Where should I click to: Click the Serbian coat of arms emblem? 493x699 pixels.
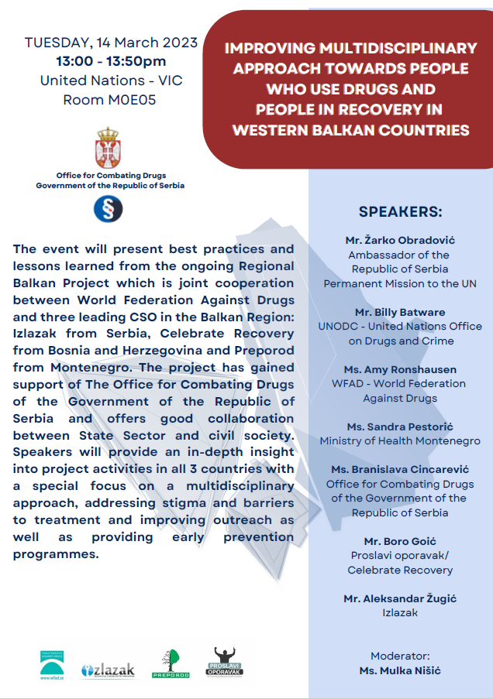(x=108, y=148)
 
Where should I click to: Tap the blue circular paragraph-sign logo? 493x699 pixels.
(x=108, y=209)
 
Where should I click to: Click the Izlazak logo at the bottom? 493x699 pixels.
(x=108, y=670)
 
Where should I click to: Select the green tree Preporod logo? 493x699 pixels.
(x=171, y=664)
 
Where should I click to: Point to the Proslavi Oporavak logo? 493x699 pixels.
(x=224, y=663)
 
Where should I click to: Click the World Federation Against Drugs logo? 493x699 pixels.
(x=52, y=665)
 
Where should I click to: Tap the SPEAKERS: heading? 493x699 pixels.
(x=400, y=212)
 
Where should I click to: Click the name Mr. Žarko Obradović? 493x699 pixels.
(x=400, y=240)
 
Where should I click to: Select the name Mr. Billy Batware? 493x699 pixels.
(x=400, y=312)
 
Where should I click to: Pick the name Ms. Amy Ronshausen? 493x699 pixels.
(x=400, y=369)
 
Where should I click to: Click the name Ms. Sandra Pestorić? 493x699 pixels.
(x=400, y=427)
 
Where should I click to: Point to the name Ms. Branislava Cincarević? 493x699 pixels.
(x=400, y=469)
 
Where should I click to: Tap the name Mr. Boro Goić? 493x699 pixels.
(x=400, y=541)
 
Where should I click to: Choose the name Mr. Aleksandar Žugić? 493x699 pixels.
(x=400, y=598)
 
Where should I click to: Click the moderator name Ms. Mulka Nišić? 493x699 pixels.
(x=400, y=670)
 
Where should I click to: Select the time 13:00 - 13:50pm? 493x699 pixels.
(x=111, y=61)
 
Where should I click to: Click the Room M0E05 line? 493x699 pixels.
(x=109, y=99)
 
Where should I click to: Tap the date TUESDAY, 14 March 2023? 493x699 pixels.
(x=111, y=43)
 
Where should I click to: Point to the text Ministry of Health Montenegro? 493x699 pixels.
(x=400, y=441)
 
